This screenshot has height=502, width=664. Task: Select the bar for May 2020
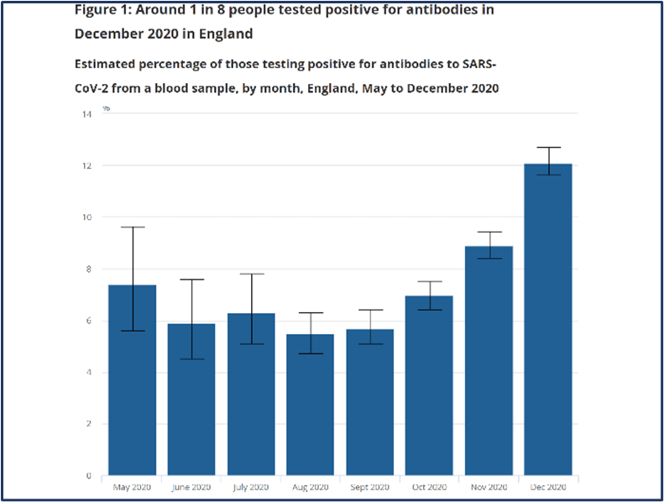click(x=133, y=386)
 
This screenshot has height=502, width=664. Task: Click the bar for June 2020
click(x=191, y=403)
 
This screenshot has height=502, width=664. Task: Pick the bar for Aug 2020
click(x=311, y=407)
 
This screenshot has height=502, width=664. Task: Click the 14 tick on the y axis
click(x=86, y=113)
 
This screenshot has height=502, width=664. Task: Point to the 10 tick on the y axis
click(x=86, y=217)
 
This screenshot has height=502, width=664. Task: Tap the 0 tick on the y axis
click(x=89, y=476)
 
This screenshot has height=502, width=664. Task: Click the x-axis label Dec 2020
click(x=548, y=487)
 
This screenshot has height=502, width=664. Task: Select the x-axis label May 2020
click(x=133, y=487)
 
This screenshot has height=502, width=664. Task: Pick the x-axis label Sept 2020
click(x=370, y=487)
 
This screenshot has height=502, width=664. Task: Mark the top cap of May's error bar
click(x=133, y=227)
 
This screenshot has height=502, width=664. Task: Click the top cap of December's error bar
click(x=548, y=148)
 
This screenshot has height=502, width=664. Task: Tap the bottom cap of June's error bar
click(x=191, y=359)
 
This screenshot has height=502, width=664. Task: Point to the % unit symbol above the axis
click(x=106, y=108)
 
